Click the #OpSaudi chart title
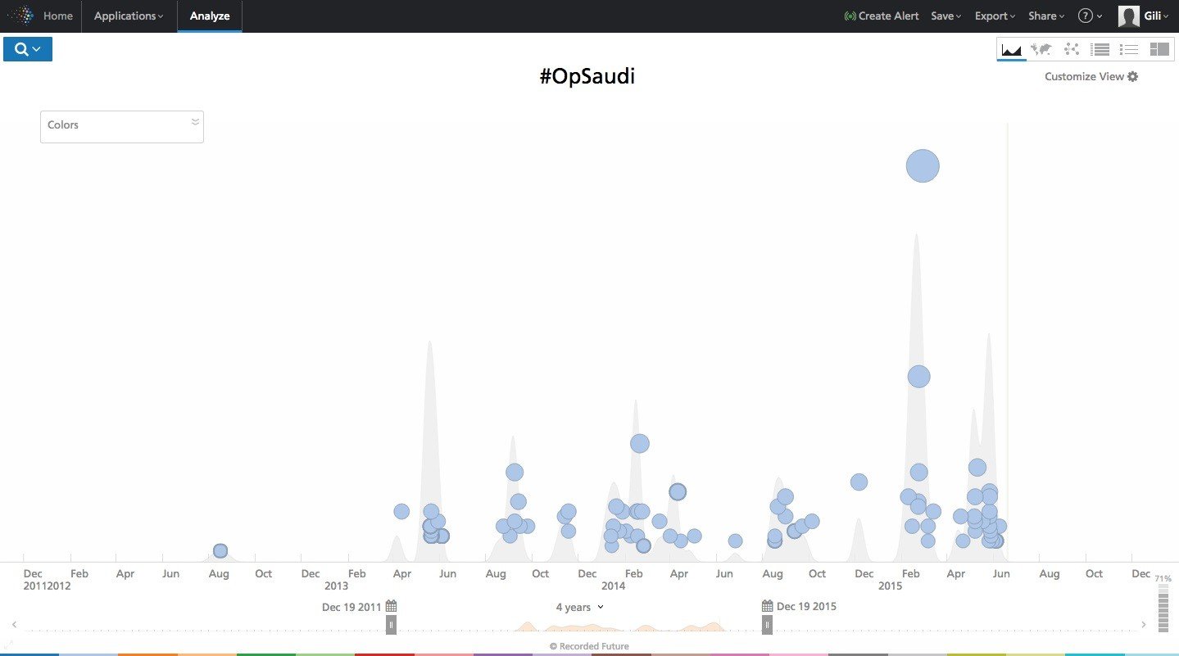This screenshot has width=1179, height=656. tap(587, 77)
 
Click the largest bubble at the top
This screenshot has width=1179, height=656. tap(923, 165)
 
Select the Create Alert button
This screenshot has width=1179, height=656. tap(882, 16)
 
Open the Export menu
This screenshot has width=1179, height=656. tap(995, 16)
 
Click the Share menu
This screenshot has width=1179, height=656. tap(1046, 16)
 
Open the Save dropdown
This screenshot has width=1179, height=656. tap(945, 16)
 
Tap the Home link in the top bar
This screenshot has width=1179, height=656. tap(57, 16)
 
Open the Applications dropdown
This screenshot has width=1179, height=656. tap(129, 16)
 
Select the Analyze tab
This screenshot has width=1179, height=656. tap(210, 16)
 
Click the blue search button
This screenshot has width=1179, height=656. tap(28, 49)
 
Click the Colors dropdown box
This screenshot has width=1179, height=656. tap(121, 126)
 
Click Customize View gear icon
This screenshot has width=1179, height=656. tap(1133, 76)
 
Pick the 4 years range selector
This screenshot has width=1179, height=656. tap(579, 607)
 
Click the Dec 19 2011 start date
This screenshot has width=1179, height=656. tap(351, 607)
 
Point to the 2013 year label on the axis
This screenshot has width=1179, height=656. tap(336, 586)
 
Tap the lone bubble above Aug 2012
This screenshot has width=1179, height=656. tap(220, 551)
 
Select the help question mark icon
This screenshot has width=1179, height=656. tap(1086, 16)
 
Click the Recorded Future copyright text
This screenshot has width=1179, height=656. tap(589, 646)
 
